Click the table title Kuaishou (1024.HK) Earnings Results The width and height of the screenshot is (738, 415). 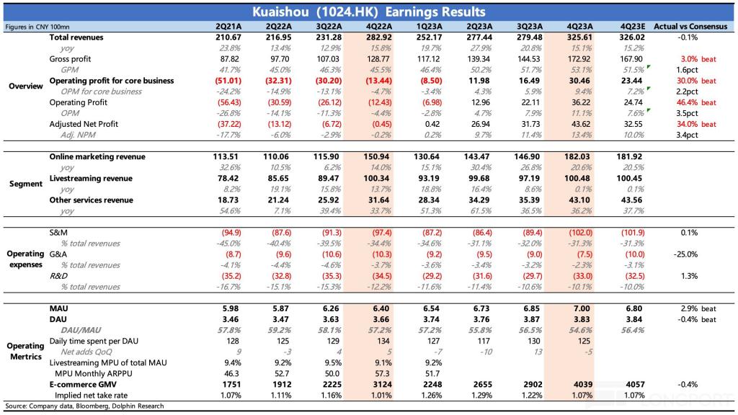click(x=368, y=12)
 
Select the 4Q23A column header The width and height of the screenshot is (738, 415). click(x=579, y=27)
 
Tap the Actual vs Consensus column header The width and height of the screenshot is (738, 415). click(x=690, y=27)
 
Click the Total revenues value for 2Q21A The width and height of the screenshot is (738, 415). click(x=228, y=37)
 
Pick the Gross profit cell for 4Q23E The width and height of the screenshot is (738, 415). click(x=631, y=59)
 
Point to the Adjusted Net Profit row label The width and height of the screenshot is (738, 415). click(x=84, y=124)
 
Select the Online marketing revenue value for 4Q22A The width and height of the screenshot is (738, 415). click(x=378, y=156)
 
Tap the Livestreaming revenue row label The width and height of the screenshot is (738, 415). click(x=91, y=179)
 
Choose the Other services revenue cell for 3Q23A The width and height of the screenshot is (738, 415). click(x=530, y=200)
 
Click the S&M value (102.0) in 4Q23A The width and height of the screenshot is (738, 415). click(x=580, y=233)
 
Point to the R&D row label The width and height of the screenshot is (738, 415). click(x=58, y=276)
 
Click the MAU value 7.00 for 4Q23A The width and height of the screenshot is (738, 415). click(x=582, y=308)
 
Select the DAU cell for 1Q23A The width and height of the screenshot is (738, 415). click(x=431, y=319)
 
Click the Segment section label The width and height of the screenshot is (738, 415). click(x=26, y=184)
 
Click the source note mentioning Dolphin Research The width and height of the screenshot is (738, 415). click(x=85, y=406)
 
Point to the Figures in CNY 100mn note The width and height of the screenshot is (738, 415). click(x=37, y=27)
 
